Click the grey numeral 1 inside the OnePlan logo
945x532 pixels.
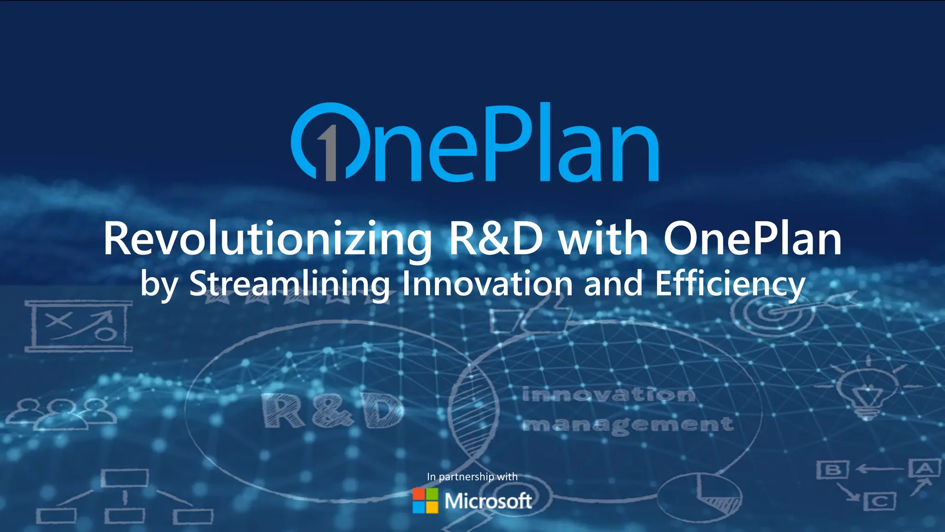(x=329, y=154)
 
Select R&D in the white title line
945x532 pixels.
(x=496, y=239)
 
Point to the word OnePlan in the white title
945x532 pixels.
(x=752, y=239)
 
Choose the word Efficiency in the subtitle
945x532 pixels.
(x=730, y=284)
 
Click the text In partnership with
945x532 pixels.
(x=472, y=477)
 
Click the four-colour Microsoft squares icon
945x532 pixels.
(x=425, y=501)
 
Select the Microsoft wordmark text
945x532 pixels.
(x=488, y=501)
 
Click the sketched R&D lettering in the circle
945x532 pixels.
(x=332, y=410)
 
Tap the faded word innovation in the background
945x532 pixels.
(x=608, y=395)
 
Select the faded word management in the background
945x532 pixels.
(x=628, y=424)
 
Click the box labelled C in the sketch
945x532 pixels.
(x=880, y=502)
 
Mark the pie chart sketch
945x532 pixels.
(x=699, y=496)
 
